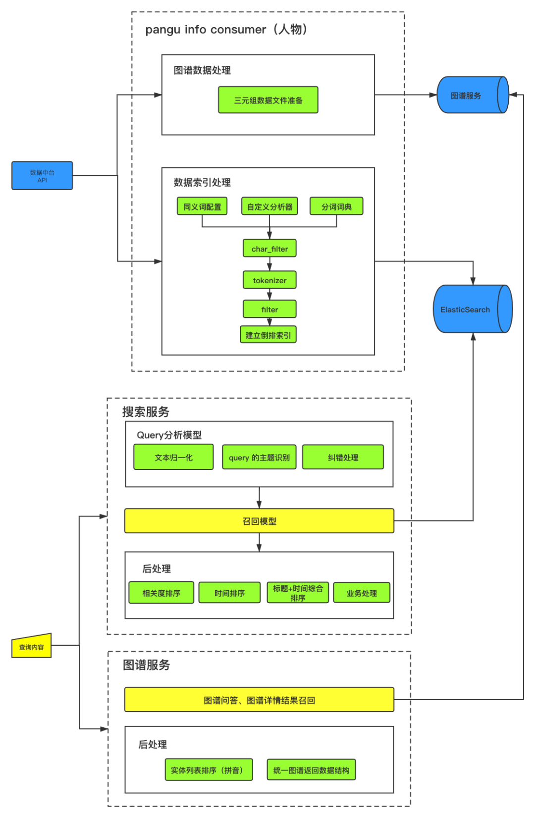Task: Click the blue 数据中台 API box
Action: pyautogui.click(x=42, y=175)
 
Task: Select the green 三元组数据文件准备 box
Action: pyautogui.click(x=268, y=100)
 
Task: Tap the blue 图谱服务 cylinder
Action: pyautogui.click(x=472, y=95)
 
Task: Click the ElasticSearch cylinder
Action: pyautogui.click(x=472, y=309)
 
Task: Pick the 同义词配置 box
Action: pyautogui.click(x=202, y=206)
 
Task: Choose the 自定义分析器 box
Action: pyautogui.click(x=269, y=206)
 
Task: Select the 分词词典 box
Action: pyautogui.click(x=336, y=206)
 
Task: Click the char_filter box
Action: pyautogui.click(x=269, y=249)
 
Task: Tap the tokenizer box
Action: pyautogui.click(x=269, y=280)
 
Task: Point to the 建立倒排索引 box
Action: pyautogui.click(x=268, y=335)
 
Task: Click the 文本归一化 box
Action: pyautogui.click(x=173, y=457)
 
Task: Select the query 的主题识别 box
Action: pyautogui.click(x=259, y=457)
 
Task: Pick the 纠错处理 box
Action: pyautogui.click(x=343, y=457)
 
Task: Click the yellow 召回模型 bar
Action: pyautogui.click(x=259, y=521)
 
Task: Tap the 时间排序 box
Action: pyautogui.click(x=229, y=593)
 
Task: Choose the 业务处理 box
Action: pyautogui.click(x=362, y=593)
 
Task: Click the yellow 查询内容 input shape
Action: pyautogui.click(x=32, y=647)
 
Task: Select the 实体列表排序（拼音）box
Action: pyautogui.click(x=209, y=770)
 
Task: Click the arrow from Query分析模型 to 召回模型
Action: pyautogui.click(x=259, y=498)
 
